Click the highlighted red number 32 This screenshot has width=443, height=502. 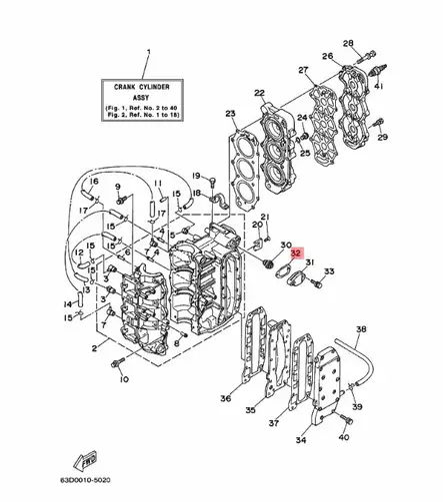pyautogui.click(x=297, y=253)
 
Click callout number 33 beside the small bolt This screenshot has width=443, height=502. pyautogui.click(x=330, y=271)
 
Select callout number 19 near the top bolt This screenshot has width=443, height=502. pyautogui.click(x=197, y=176)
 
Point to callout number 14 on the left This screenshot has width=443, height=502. pyautogui.click(x=68, y=303)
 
